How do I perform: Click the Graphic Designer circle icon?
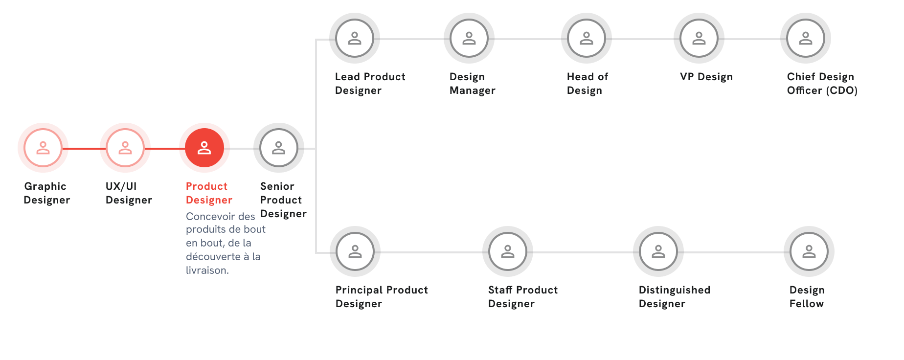[43, 148]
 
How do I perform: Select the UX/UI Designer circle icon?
[125, 148]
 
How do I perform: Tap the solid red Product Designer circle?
[204, 148]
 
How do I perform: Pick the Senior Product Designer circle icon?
[279, 148]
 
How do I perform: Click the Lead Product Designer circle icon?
[355, 38]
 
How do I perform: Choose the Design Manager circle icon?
[469, 38]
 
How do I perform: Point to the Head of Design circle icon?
[587, 38]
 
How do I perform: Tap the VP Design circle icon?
[699, 38]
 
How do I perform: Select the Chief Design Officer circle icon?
[806, 38]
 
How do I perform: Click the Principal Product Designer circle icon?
[355, 251]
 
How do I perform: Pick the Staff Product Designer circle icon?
[508, 251]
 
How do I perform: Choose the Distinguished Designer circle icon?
[658, 251]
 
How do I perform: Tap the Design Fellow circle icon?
[809, 251]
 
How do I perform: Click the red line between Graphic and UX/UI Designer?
[84, 148]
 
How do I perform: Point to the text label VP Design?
[706, 77]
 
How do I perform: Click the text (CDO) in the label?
[842, 90]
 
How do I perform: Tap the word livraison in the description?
[206, 270]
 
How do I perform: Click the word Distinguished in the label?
[675, 291]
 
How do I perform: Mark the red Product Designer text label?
[209, 193]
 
